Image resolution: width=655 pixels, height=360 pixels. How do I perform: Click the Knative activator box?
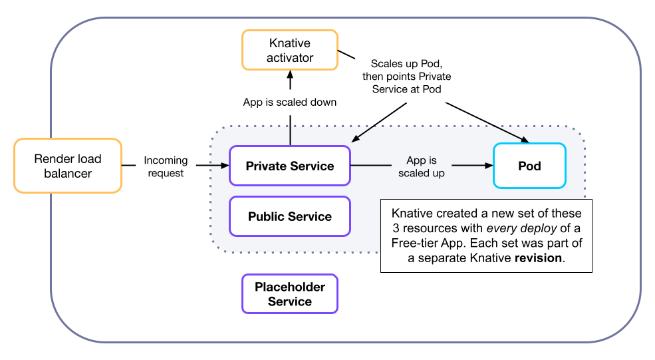click(x=289, y=51)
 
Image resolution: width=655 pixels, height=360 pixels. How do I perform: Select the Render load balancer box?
click(x=68, y=166)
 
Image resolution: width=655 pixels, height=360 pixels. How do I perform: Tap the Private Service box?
click(x=289, y=166)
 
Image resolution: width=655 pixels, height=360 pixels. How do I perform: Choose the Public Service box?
click(x=289, y=216)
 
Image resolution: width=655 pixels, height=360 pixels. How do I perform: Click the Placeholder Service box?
click(x=289, y=294)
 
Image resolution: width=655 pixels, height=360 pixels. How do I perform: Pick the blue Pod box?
click(x=529, y=166)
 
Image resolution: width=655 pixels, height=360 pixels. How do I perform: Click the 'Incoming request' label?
click(x=166, y=166)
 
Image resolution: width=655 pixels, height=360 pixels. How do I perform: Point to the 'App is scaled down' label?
click(x=289, y=102)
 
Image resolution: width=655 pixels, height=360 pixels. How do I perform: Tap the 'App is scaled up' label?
click(x=421, y=166)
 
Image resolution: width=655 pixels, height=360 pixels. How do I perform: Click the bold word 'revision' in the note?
click(x=539, y=258)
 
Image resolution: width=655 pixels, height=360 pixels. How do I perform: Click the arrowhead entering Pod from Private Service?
click(x=487, y=166)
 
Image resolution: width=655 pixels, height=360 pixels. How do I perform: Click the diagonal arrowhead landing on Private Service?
click(x=354, y=140)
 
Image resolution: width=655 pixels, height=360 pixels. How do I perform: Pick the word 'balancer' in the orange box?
click(x=68, y=174)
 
